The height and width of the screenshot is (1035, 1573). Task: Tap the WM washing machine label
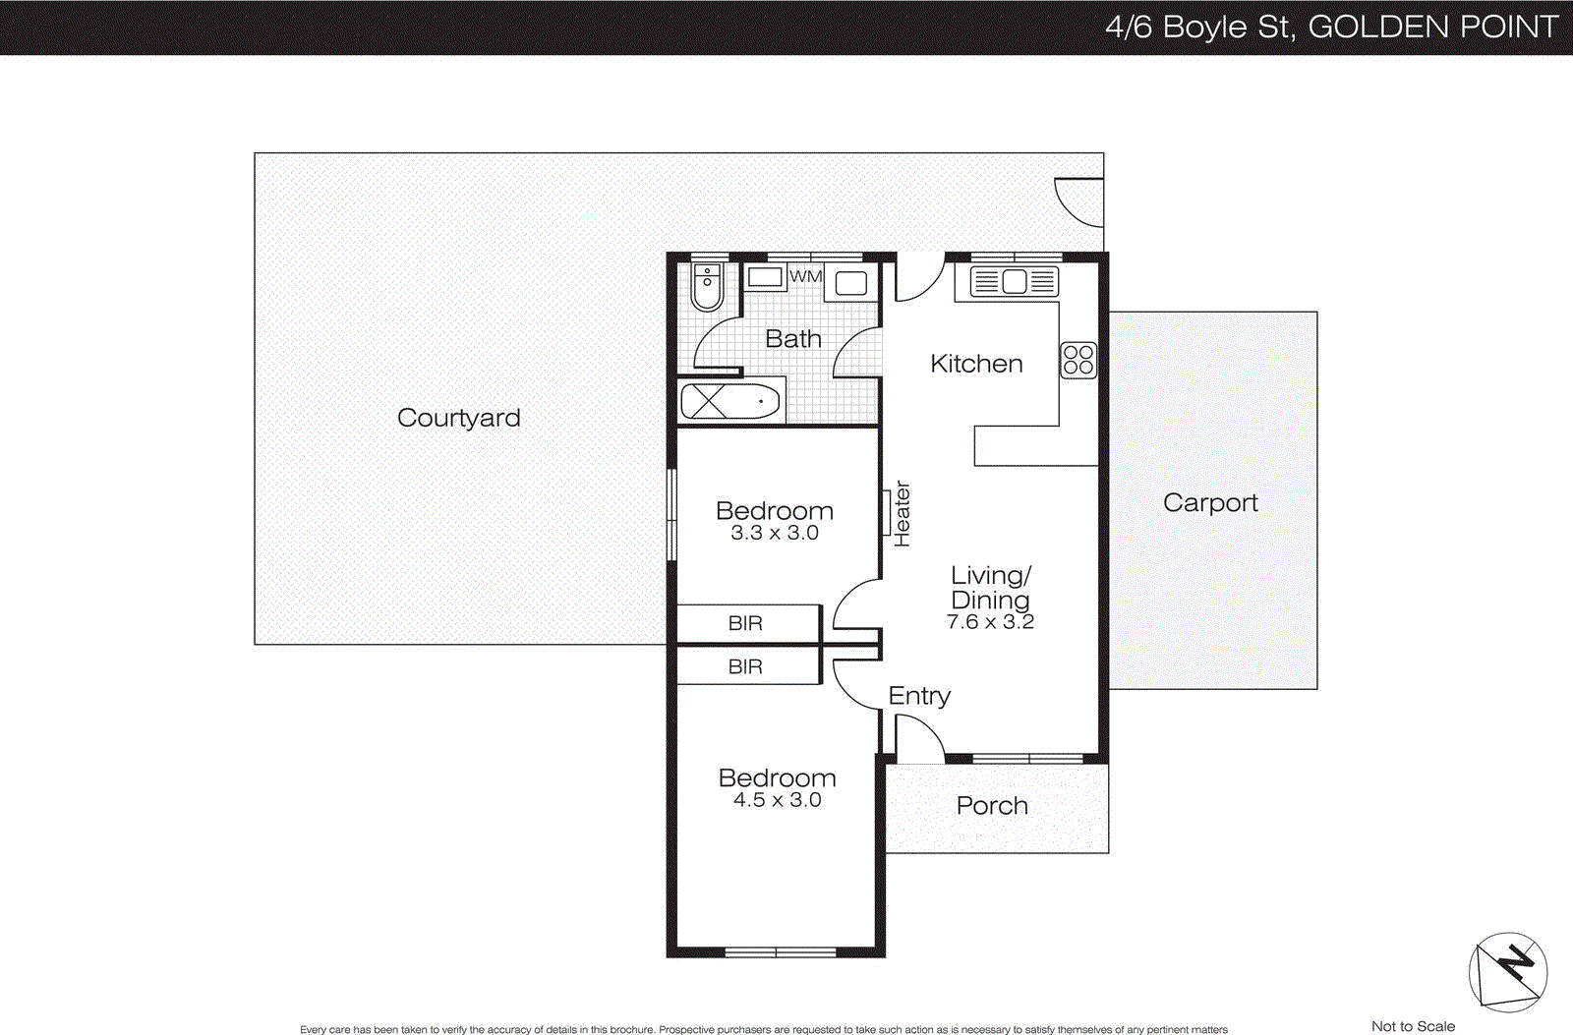point(805,276)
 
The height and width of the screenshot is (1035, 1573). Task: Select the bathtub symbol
point(729,401)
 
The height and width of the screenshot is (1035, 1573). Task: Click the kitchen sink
point(1014,282)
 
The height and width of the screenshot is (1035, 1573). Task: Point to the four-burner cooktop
point(1078,360)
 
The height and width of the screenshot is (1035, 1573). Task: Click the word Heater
point(902,514)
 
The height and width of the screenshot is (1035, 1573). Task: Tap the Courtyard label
point(459,418)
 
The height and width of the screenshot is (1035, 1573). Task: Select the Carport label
point(1210,502)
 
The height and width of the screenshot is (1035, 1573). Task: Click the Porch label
point(992,806)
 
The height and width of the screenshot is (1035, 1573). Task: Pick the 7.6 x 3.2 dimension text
point(990,622)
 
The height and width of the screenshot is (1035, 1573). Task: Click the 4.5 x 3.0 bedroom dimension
point(777,800)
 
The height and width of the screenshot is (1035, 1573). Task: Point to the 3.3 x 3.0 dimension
point(775,533)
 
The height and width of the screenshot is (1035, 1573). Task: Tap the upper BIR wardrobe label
point(745,623)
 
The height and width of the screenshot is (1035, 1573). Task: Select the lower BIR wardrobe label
point(745,666)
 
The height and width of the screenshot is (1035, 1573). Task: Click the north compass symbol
point(1508,972)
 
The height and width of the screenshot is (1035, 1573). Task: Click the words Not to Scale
point(1413,1026)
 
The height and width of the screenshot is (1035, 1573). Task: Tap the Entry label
point(919,696)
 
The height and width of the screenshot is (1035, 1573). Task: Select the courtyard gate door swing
point(1079,201)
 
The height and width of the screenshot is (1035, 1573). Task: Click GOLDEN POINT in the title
point(1432,27)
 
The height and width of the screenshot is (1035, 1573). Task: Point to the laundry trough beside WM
point(850,283)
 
